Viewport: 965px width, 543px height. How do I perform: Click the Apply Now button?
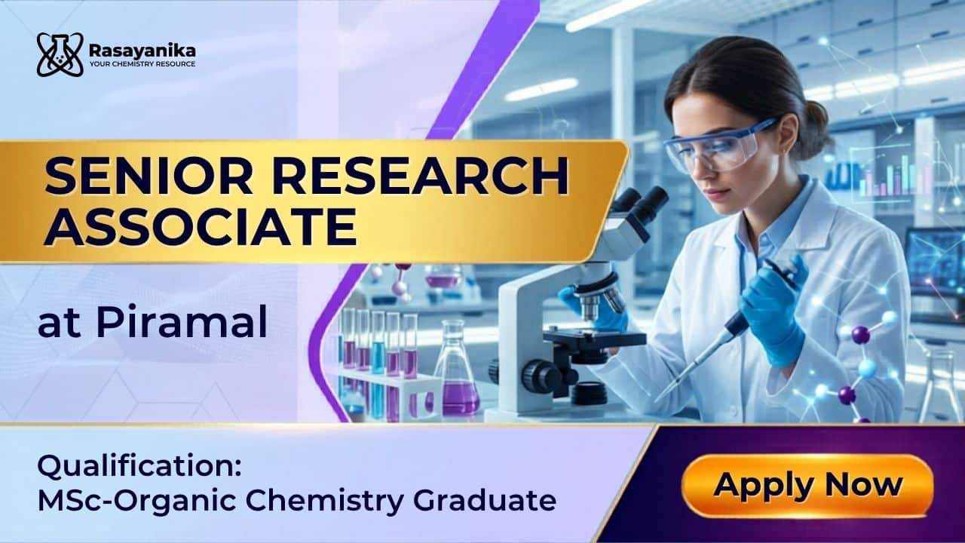pyautogui.click(x=807, y=486)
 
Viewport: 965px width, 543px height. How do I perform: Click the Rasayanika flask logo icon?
pyautogui.click(x=60, y=55)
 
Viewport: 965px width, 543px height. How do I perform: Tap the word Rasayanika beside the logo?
pyautogui.click(x=142, y=51)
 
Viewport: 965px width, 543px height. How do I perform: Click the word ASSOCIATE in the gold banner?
pyautogui.click(x=201, y=227)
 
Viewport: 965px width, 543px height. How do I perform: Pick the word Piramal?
pyautogui.click(x=182, y=321)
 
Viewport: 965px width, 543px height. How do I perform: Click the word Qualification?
pyautogui.click(x=139, y=467)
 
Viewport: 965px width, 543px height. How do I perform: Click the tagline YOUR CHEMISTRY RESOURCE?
pyautogui.click(x=142, y=64)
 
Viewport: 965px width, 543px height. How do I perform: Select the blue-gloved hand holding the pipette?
pyautogui.click(x=774, y=309)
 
